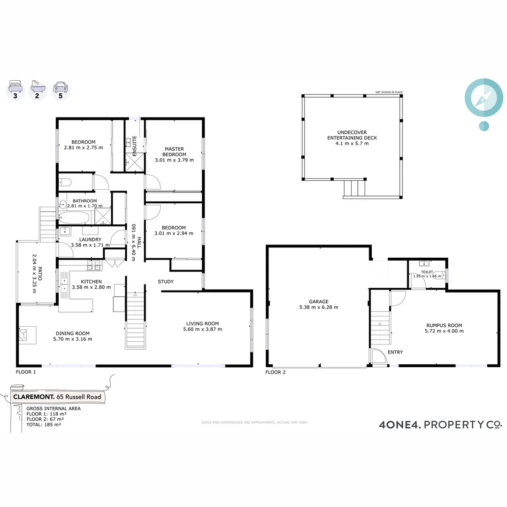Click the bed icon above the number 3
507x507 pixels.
[15, 87]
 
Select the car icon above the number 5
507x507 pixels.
[61, 87]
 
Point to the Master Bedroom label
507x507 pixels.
[174, 152]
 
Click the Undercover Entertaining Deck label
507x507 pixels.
[352, 135]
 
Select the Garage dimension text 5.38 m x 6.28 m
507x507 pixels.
[319, 307]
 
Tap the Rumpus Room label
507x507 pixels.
[444, 325]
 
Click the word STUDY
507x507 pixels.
[166, 282]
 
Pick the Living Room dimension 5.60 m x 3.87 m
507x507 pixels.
[202, 330]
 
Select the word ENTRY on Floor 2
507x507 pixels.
[395, 352]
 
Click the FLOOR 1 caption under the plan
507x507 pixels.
[26, 371]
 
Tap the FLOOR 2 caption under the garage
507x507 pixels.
[276, 372]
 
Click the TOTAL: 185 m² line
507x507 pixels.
[44, 424]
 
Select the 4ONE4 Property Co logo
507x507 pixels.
[440, 425]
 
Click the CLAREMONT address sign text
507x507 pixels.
[57, 397]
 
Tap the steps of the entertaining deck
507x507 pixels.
[354, 188]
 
